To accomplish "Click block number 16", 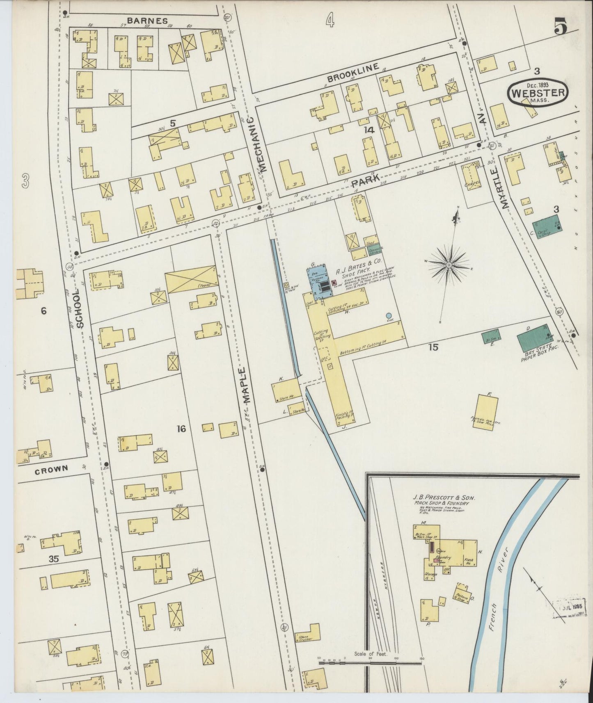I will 181,429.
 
